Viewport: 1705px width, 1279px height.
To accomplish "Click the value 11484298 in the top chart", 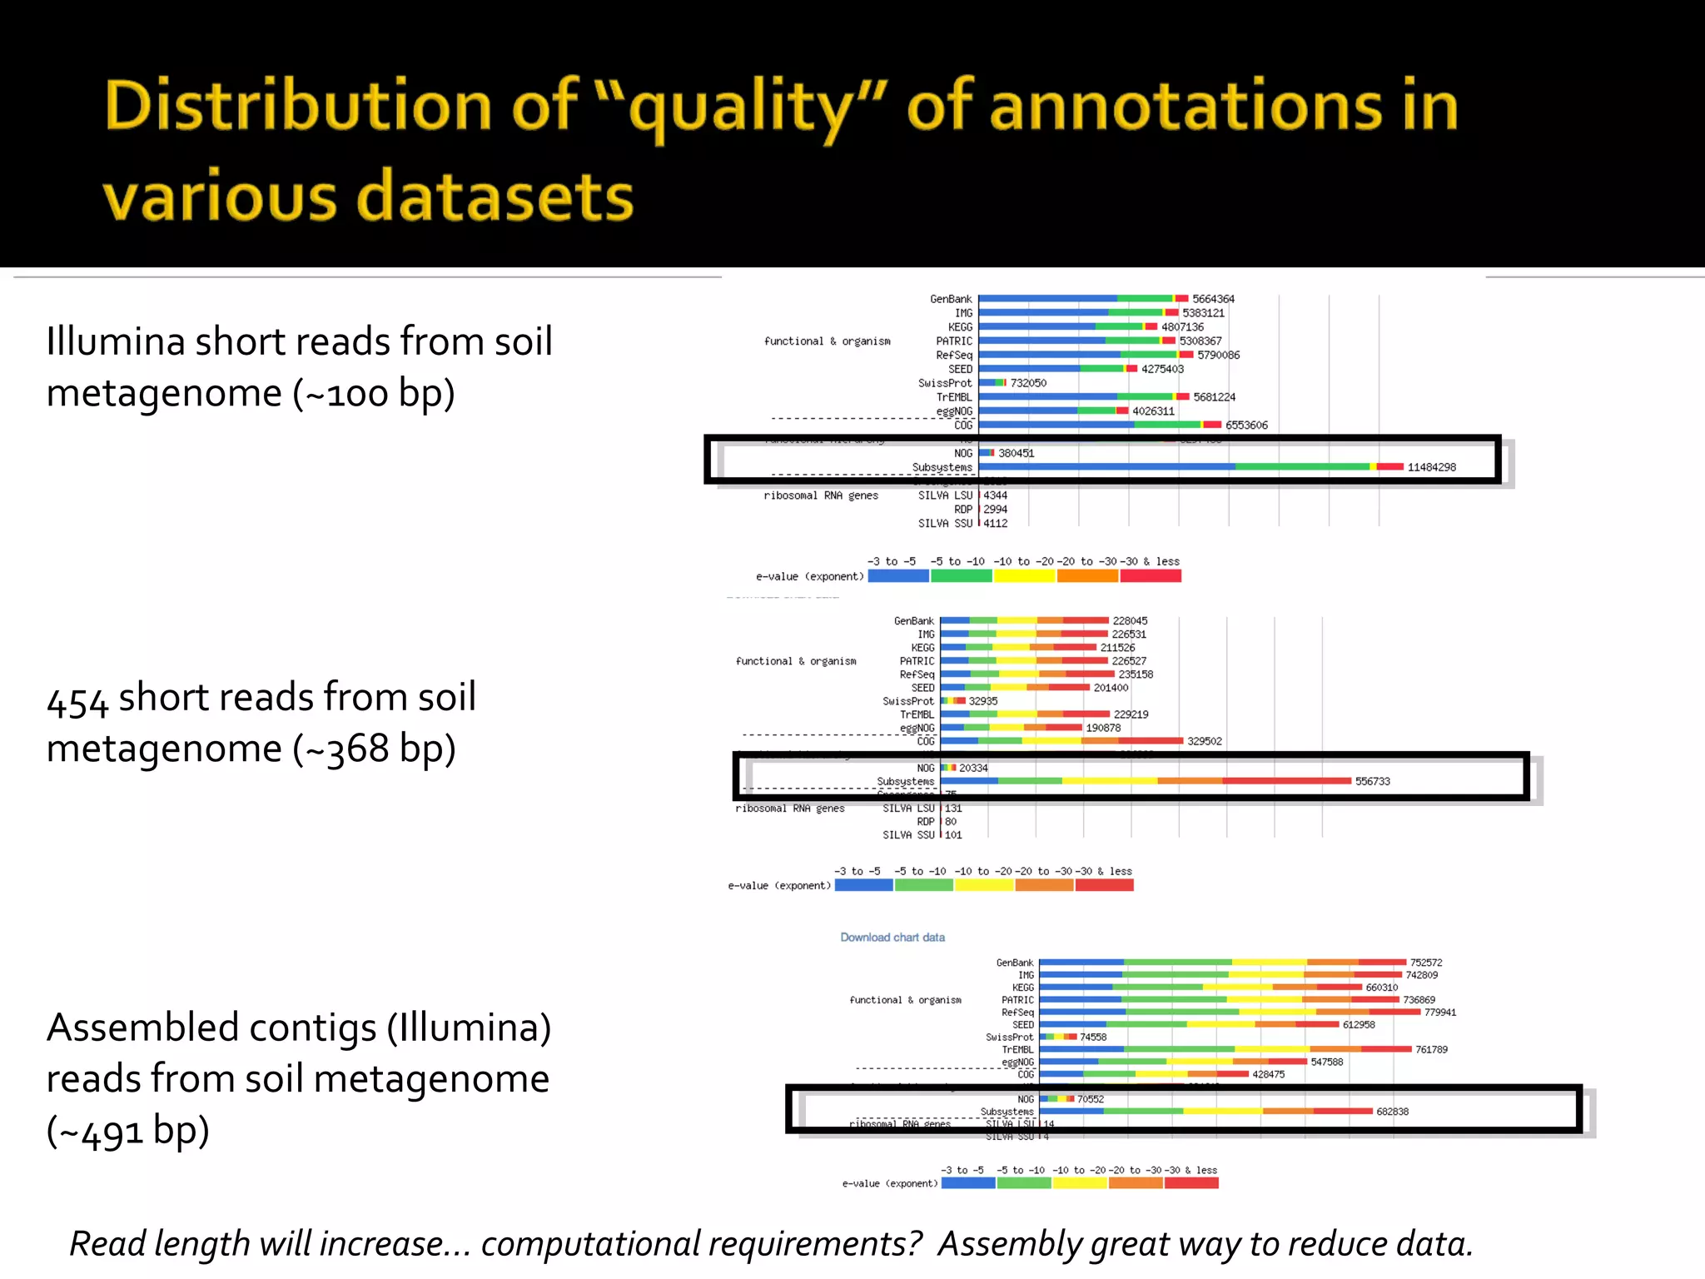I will (x=1431, y=467).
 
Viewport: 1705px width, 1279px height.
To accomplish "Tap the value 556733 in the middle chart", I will (x=1372, y=781).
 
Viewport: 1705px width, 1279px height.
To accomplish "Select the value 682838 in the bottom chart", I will (x=1392, y=1112).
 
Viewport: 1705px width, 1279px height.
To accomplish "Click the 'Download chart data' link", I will (x=892, y=938).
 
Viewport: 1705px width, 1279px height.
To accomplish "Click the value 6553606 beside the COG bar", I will (x=1246, y=426).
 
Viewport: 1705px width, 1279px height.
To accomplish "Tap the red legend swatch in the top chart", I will (x=1151, y=575).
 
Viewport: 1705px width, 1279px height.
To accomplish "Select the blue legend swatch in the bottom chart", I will (x=968, y=1183).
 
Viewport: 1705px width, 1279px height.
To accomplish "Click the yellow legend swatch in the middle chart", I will (x=984, y=885).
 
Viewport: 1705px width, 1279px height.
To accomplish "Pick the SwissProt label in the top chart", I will (x=945, y=383).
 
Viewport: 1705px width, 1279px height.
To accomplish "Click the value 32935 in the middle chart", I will (x=983, y=701).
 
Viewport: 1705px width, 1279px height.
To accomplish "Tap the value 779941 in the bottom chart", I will (x=1440, y=1013).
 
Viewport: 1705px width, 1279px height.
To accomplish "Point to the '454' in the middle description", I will (x=77, y=700).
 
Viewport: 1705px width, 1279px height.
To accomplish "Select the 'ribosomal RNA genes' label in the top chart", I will (x=821, y=495).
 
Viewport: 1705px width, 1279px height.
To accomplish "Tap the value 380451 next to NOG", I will (x=1017, y=453).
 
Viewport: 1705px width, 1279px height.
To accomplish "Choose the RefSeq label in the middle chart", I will (x=917, y=674).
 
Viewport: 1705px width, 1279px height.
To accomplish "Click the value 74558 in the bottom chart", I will (x=1093, y=1038).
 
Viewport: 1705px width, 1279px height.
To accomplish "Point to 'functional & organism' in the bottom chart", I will (x=905, y=1000).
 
